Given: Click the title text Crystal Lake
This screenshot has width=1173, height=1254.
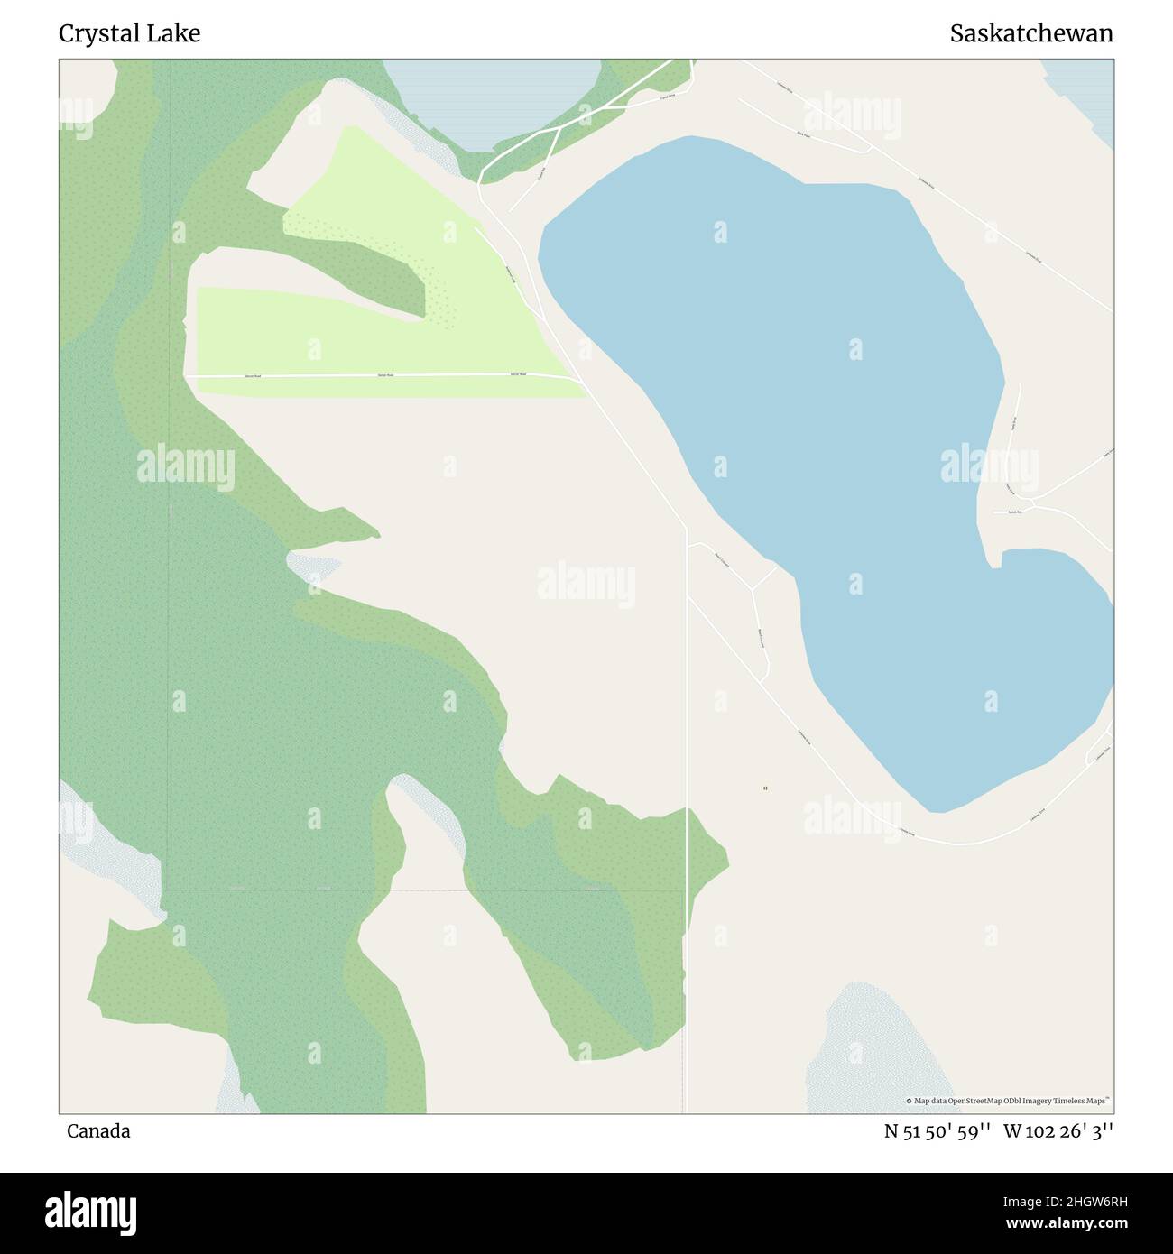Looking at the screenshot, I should click(129, 33).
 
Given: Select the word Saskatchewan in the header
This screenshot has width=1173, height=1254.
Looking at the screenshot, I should click(1030, 33).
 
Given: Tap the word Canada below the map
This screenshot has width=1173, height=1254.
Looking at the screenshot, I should click(97, 1131).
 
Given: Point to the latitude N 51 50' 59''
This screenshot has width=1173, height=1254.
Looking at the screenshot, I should click(938, 1131).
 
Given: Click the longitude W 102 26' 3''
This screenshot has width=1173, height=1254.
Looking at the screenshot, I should click(1058, 1131).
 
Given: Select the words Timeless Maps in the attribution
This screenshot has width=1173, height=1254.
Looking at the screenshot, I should click(1084, 1101).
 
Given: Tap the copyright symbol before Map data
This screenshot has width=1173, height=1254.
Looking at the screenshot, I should click(910, 1101).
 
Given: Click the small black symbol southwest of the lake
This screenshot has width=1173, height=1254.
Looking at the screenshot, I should click(765, 788).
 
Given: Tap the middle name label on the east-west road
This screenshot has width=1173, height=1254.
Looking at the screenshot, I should click(385, 374).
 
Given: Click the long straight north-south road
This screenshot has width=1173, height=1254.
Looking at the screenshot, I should click(687, 812).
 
